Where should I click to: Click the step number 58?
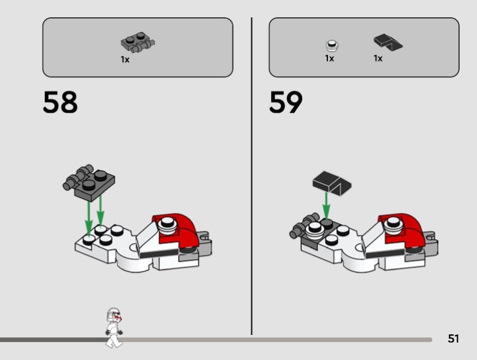60,102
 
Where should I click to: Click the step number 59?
286,102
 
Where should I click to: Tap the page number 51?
453,339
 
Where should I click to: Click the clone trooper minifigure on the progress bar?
114,328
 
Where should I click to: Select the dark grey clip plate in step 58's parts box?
138,42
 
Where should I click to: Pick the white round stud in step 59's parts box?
332,45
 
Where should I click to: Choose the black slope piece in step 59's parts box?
388,42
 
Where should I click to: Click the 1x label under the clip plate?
125,60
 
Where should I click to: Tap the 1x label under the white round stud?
330,58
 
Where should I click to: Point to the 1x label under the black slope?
378,58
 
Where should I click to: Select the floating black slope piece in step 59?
332,184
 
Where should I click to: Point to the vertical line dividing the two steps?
252,176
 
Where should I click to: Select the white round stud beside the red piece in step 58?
168,226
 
